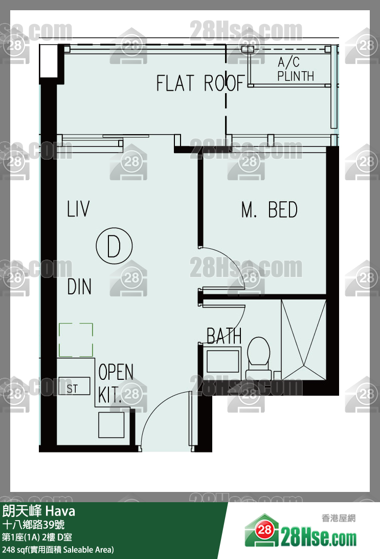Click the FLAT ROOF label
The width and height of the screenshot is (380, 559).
click(x=201, y=83)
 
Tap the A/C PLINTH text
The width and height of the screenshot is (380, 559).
click(x=296, y=69)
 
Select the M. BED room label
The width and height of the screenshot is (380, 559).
click(x=269, y=210)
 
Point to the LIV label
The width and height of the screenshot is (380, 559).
click(x=78, y=209)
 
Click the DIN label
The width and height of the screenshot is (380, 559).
click(x=79, y=287)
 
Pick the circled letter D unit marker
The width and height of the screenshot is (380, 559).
click(x=114, y=246)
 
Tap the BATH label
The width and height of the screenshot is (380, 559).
click(x=224, y=336)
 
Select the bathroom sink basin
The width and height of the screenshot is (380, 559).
click(x=223, y=361)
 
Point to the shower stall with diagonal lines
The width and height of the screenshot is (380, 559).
click(x=303, y=340)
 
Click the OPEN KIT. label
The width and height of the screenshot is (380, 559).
click(x=116, y=383)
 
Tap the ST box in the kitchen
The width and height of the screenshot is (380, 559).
click(x=75, y=386)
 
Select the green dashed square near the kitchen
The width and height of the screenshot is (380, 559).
click(x=76, y=340)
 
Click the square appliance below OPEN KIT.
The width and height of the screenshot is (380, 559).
click(x=111, y=425)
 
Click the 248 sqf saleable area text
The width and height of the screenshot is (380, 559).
click(x=58, y=549)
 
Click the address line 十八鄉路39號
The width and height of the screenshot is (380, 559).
click(x=33, y=524)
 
